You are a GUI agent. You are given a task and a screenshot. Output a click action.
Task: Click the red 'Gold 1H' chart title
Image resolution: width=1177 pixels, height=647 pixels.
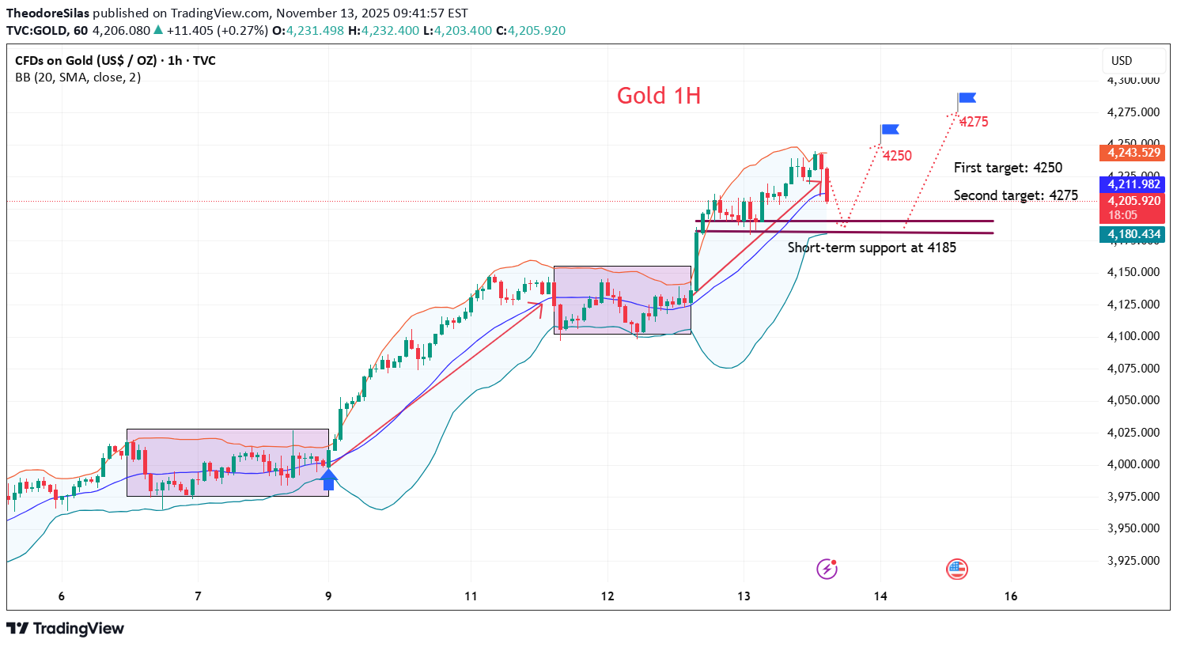click(659, 96)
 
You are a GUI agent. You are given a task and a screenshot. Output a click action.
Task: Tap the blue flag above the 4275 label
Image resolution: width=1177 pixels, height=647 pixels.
click(967, 99)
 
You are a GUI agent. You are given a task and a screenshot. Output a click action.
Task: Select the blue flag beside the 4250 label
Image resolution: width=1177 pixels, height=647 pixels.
click(890, 130)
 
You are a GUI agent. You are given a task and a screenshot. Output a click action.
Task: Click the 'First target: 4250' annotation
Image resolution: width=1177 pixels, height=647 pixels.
click(1008, 168)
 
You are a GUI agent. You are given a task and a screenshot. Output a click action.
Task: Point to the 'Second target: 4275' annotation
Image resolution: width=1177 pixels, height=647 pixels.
click(1016, 195)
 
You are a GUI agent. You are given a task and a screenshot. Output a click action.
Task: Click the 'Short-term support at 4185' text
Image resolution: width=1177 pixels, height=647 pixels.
click(872, 248)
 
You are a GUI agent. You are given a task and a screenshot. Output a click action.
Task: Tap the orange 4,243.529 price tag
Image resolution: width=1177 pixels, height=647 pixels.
click(1133, 153)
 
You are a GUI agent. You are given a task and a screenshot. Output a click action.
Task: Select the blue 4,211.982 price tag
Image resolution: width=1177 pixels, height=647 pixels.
click(1133, 184)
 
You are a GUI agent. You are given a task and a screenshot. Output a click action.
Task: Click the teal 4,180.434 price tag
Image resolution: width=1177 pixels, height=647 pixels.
click(1133, 234)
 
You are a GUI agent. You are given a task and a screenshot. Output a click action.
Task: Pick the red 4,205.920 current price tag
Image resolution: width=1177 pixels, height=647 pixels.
click(1133, 201)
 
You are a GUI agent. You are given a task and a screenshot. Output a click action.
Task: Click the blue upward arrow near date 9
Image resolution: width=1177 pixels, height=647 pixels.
click(328, 479)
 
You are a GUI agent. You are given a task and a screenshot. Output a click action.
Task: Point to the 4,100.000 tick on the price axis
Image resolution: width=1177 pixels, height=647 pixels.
click(1133, 336)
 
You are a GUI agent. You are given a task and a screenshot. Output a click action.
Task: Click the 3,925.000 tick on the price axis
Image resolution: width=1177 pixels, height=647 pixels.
click(1133, 561)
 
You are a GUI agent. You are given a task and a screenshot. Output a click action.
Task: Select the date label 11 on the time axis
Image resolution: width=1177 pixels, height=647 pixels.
click(471, 596)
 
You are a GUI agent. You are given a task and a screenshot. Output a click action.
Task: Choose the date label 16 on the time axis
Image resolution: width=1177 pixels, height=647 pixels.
click(1011, 596)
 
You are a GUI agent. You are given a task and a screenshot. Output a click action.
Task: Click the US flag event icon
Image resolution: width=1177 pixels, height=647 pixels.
click(957, 569)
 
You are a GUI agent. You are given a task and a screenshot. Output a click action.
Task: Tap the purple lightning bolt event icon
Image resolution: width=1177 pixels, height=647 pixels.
click(827, 569)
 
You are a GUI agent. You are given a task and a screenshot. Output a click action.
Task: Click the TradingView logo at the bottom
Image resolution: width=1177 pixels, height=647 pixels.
click(66, 629)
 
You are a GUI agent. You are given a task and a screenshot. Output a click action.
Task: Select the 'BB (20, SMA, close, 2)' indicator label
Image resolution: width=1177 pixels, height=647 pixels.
click(78, 78)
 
